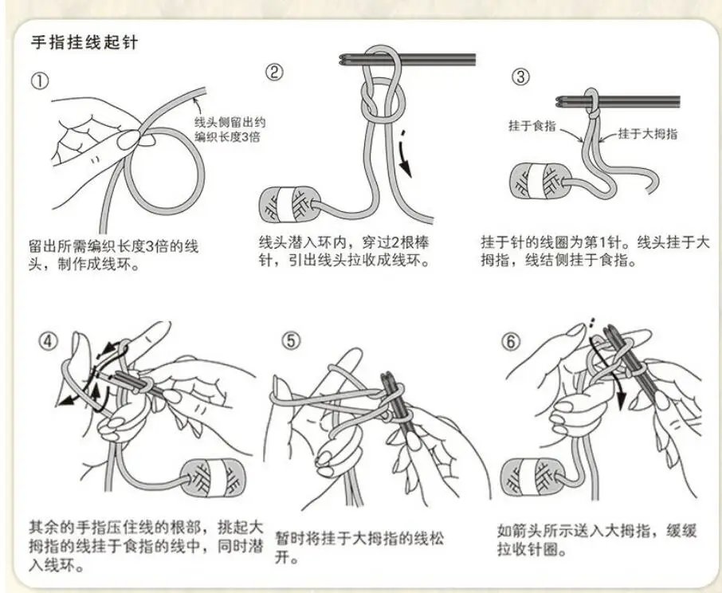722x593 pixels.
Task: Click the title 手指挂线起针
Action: pos(84,42)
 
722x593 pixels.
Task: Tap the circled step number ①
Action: pos(39,81)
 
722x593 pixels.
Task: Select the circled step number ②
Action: pos(273,73)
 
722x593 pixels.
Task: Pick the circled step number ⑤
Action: pos(291,341)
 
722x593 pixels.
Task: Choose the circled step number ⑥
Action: pos(510,341)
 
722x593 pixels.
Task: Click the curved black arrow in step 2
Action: pos(408,151)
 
